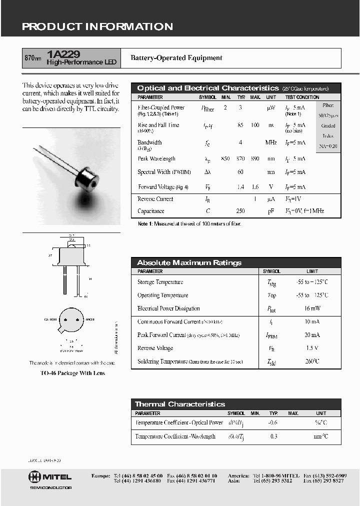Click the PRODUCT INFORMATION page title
pyautogui.click(x=97, y=27)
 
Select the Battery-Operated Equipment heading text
pyautogui.click(x=176, y=58)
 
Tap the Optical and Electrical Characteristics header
pyautogui.click(x=207, y=88)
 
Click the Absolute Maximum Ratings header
pyautogui.click(x=189, y=262)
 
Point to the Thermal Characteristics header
pyautogui.click(x=180, y=404)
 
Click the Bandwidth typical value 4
pyautogui.click(x=240, y=142)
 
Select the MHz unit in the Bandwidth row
pyautogui.click(x=271, y=142)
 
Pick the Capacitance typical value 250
pyautogui.click(x=240, y=211)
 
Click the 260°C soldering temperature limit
pyautogui.click(x=312, y=361)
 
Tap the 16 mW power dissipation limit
pyautogui.click(x=312, y=308)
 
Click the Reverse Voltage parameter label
pyautogui.click(x=155, y=348)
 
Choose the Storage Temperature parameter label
pyautogui.click(x=160, y=282)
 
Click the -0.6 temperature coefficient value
pyautogui.click(x=273, y=422)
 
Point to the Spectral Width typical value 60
pyautogui.click(x=240, y=172)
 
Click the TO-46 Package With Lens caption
pyautogui.click(x=72, y=373)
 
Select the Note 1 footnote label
pyautogui.click(x=145, y=224)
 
